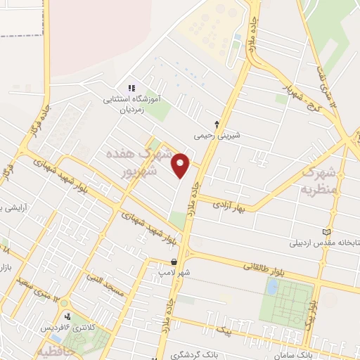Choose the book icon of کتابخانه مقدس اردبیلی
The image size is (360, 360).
[325, 233]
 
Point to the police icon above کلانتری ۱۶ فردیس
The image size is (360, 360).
[67, 316]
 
